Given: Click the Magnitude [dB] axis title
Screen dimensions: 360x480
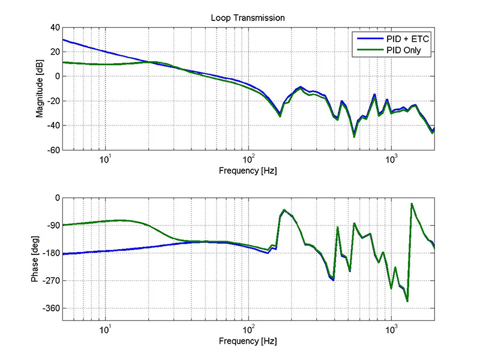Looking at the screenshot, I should [x=40, y=89].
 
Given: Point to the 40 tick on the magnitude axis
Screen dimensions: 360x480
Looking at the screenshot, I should [x=53, y=28].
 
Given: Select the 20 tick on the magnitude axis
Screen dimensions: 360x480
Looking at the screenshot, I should [x=53, y=52].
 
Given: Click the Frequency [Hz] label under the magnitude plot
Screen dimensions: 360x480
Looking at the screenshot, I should [x=248, y=172].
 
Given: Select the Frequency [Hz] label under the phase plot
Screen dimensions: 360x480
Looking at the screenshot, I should [x=248, y=341].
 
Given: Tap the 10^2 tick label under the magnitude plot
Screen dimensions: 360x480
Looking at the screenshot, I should [x=248, y=159].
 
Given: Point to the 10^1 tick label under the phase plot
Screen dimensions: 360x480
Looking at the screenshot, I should [x=105, y=329].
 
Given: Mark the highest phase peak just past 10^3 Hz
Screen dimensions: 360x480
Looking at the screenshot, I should [x=412, y=204].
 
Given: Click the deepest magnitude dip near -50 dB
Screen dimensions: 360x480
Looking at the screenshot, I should [x=354, y=137].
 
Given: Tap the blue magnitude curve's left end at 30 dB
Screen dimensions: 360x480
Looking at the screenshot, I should [x=63, y=40].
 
